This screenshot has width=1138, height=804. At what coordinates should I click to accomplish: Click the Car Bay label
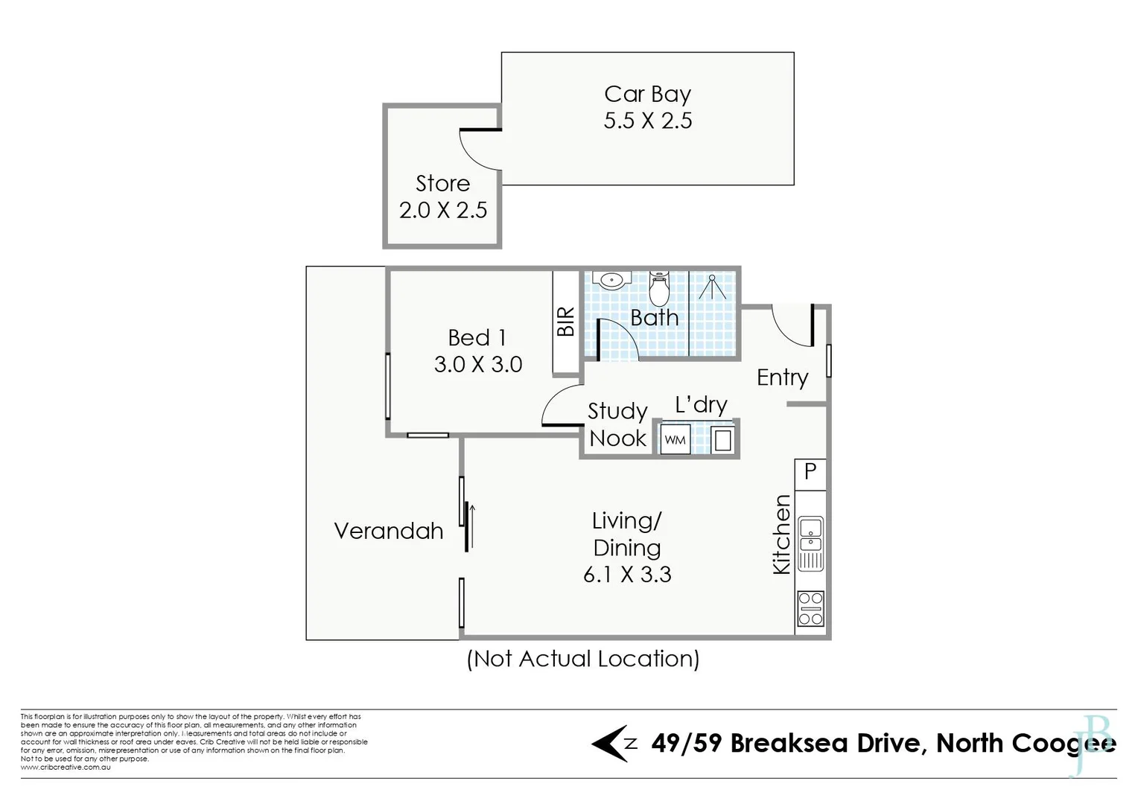[647, 95]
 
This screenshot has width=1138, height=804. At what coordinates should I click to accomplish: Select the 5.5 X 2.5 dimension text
[647, 121]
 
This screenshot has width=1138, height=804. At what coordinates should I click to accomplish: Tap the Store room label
[442, 184]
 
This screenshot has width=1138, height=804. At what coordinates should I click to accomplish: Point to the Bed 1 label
[477, 338]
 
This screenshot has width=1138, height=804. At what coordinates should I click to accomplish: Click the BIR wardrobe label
[566, 322]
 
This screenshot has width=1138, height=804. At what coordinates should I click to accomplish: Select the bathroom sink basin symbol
[611, 281]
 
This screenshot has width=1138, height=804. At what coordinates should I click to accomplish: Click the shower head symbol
[713, 287]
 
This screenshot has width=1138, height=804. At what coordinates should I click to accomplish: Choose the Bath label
[654, 318]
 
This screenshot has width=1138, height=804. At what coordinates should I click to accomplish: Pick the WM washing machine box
[675, 440]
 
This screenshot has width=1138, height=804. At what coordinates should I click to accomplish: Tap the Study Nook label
[617, 424]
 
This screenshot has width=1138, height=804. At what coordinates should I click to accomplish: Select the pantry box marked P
[810, 471]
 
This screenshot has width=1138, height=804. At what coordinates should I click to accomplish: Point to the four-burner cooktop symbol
[810, 607]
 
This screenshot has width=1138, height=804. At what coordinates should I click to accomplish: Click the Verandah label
[388, 531]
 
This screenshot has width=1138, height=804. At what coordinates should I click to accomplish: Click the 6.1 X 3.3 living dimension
[627, 575]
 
